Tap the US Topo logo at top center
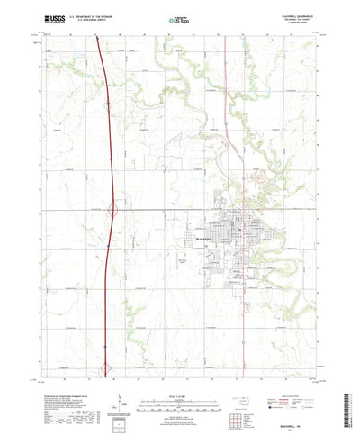click(x=180, y=18)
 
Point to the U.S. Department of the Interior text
click(x=86, y=15)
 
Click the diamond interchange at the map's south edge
click(x=108, y=367)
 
